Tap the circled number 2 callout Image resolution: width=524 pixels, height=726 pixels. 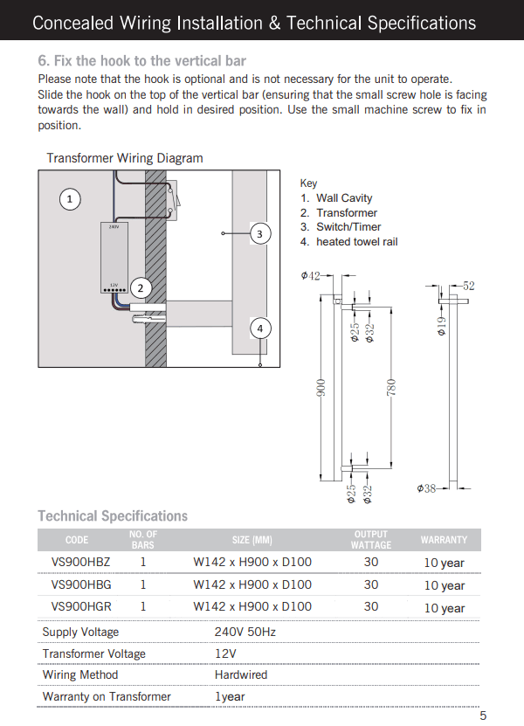140,288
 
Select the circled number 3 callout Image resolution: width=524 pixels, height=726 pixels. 259,234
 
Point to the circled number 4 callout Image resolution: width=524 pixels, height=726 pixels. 259,328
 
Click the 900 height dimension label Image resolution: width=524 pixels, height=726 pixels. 321,388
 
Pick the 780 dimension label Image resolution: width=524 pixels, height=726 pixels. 392,388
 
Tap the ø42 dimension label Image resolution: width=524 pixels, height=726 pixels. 310,276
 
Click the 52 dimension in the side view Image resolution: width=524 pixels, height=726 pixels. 468,286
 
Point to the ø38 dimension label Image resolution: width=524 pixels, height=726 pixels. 427,487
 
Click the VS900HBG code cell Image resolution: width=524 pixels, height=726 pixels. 81,584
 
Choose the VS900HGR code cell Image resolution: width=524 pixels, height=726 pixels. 81,606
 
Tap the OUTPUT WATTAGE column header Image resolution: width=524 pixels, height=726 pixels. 371,539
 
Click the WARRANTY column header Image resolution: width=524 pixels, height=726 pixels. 444,540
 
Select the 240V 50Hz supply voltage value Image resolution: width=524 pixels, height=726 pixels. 245,632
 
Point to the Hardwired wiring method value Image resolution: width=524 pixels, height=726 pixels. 241,674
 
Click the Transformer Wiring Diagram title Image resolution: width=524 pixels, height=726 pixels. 125,158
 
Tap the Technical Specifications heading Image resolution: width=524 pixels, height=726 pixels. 113,515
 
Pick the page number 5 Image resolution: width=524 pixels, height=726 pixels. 483,716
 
